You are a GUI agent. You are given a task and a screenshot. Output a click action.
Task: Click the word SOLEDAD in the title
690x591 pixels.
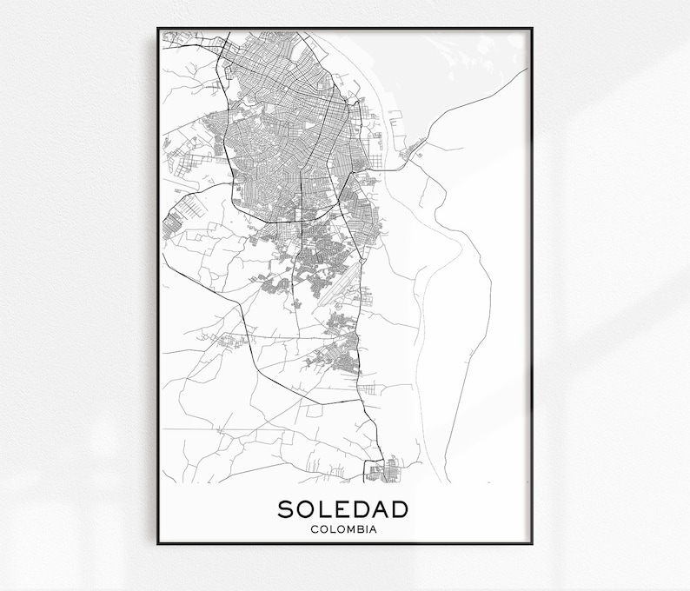pyautogui.click(x=344, y=508)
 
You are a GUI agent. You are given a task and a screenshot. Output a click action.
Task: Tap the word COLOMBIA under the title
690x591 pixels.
pyautogui.click(x=344, y=528)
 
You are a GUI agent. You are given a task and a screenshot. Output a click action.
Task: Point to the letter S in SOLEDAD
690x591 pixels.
pyautogui.click(x=286, y=508)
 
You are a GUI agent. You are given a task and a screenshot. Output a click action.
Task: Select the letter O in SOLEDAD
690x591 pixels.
pyautogui.click(x=306, y=508)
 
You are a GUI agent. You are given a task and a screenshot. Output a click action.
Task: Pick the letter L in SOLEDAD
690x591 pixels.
pyautogui.click(x=325, y=508)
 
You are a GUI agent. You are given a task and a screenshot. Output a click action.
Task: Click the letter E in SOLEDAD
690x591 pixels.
pyautogui.click(x=342, y=508)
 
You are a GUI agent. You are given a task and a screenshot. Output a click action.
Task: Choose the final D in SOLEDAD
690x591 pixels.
pyautogui.click(x=402, y=508)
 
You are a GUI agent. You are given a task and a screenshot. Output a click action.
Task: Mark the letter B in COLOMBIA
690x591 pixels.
pyautogui.click(x=361, y=528)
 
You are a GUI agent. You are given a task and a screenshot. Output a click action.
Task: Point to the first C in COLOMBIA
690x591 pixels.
pyautogui.click(x=314, y=528)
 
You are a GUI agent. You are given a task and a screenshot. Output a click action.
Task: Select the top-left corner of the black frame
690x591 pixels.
pyautogui.click(x=158, y=29)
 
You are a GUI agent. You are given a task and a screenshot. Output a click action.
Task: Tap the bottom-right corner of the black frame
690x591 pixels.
pyautogui.click(x=532, y=544)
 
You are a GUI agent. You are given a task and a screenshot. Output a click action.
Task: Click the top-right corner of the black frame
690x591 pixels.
pyautogui.click(x=532, y=29)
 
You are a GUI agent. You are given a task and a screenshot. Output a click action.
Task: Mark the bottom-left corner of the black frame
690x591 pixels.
pyautogui.click(x=158, y=544)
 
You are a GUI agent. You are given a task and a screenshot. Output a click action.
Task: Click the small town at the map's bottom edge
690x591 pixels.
pyautogui.click(x=382, y=470)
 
